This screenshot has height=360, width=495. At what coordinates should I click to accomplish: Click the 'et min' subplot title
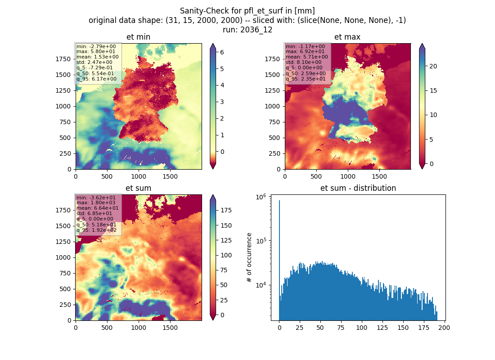click(x=138, y=37)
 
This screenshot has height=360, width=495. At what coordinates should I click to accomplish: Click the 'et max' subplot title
click(x=347, y=37)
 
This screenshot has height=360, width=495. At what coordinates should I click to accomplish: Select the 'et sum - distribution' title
click(x=358, y=188)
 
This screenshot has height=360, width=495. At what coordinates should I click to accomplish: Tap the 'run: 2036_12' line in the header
click(x=247, y=30)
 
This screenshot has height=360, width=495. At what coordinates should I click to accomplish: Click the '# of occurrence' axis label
click(x=249, y=258)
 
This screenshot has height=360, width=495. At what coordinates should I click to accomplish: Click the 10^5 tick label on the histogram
click(x=261, y=241)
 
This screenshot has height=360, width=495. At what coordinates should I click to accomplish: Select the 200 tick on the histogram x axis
click(x=444, y=328)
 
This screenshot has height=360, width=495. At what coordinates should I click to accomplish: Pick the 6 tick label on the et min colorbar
click(x=222, y=52)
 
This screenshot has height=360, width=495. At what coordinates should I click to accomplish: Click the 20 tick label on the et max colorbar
click(x=433, y=66)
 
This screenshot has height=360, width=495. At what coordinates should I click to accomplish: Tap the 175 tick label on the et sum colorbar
click(x=226, y=210)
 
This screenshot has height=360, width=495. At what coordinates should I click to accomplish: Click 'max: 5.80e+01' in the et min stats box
click(x=96, y=51)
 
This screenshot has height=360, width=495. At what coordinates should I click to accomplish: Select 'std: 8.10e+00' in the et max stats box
click(x=303, y=62)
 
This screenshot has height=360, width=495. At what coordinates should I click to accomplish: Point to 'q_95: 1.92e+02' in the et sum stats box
click(x=96, y=230)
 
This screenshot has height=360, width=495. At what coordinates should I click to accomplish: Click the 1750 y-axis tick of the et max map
click(x=272, y=59)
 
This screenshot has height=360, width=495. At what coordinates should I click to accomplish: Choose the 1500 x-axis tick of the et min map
click(x=170, y=176)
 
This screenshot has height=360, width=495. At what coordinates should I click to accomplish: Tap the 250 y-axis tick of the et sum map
click(x=65, y=305)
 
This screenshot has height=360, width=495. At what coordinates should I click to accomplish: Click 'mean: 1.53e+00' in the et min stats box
click(x=98, y=57)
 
